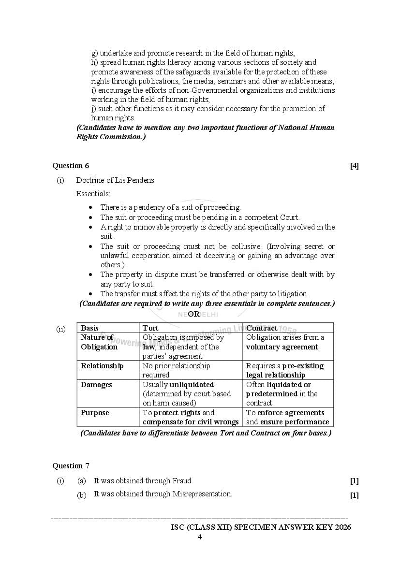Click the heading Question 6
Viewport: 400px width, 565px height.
[71, 166]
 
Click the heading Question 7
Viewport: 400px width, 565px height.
[71, 466]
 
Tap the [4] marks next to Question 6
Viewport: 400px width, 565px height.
[354, 166]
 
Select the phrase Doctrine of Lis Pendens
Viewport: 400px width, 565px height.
[115, 180]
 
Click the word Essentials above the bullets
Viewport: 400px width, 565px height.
[93, 194]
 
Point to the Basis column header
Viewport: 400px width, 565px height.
[89, 328]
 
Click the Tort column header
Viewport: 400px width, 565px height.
[150, 328]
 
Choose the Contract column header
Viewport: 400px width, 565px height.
[262, 328]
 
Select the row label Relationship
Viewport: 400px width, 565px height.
[102, 366]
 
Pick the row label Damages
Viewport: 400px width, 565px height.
[96, 385]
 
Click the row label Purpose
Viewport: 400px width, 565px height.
[95, 413]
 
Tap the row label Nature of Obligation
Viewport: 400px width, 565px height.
[99, 342]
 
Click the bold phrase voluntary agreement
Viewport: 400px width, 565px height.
[282, 347]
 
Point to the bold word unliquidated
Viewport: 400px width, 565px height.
[191, 385]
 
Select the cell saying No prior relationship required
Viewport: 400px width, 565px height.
[176, 370]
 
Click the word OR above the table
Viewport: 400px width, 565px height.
[193, 314]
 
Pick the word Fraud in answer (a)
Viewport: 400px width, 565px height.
[182, 481]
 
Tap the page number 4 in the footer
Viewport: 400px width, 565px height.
[199, 537]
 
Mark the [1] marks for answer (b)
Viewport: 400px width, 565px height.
[354, 495]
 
